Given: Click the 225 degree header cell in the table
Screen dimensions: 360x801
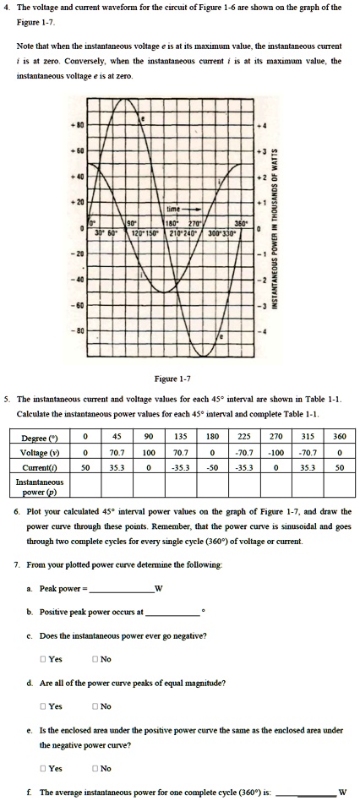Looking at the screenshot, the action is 220,439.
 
